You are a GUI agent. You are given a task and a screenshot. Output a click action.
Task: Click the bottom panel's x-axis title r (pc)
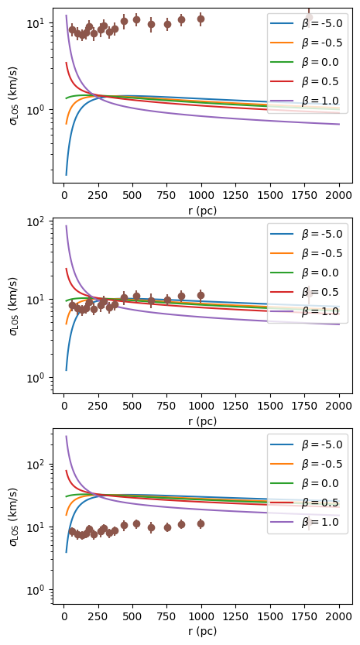point(202,631)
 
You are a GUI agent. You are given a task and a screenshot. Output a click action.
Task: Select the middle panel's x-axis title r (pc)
point(202,421)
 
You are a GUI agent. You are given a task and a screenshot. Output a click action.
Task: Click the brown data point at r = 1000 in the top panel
point(201,19)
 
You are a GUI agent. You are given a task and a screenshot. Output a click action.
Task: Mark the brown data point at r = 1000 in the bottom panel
point(201,523)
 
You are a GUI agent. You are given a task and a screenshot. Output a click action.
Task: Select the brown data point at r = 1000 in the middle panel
point(201,295)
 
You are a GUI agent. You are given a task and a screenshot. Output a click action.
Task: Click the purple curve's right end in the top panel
point(339,124)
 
